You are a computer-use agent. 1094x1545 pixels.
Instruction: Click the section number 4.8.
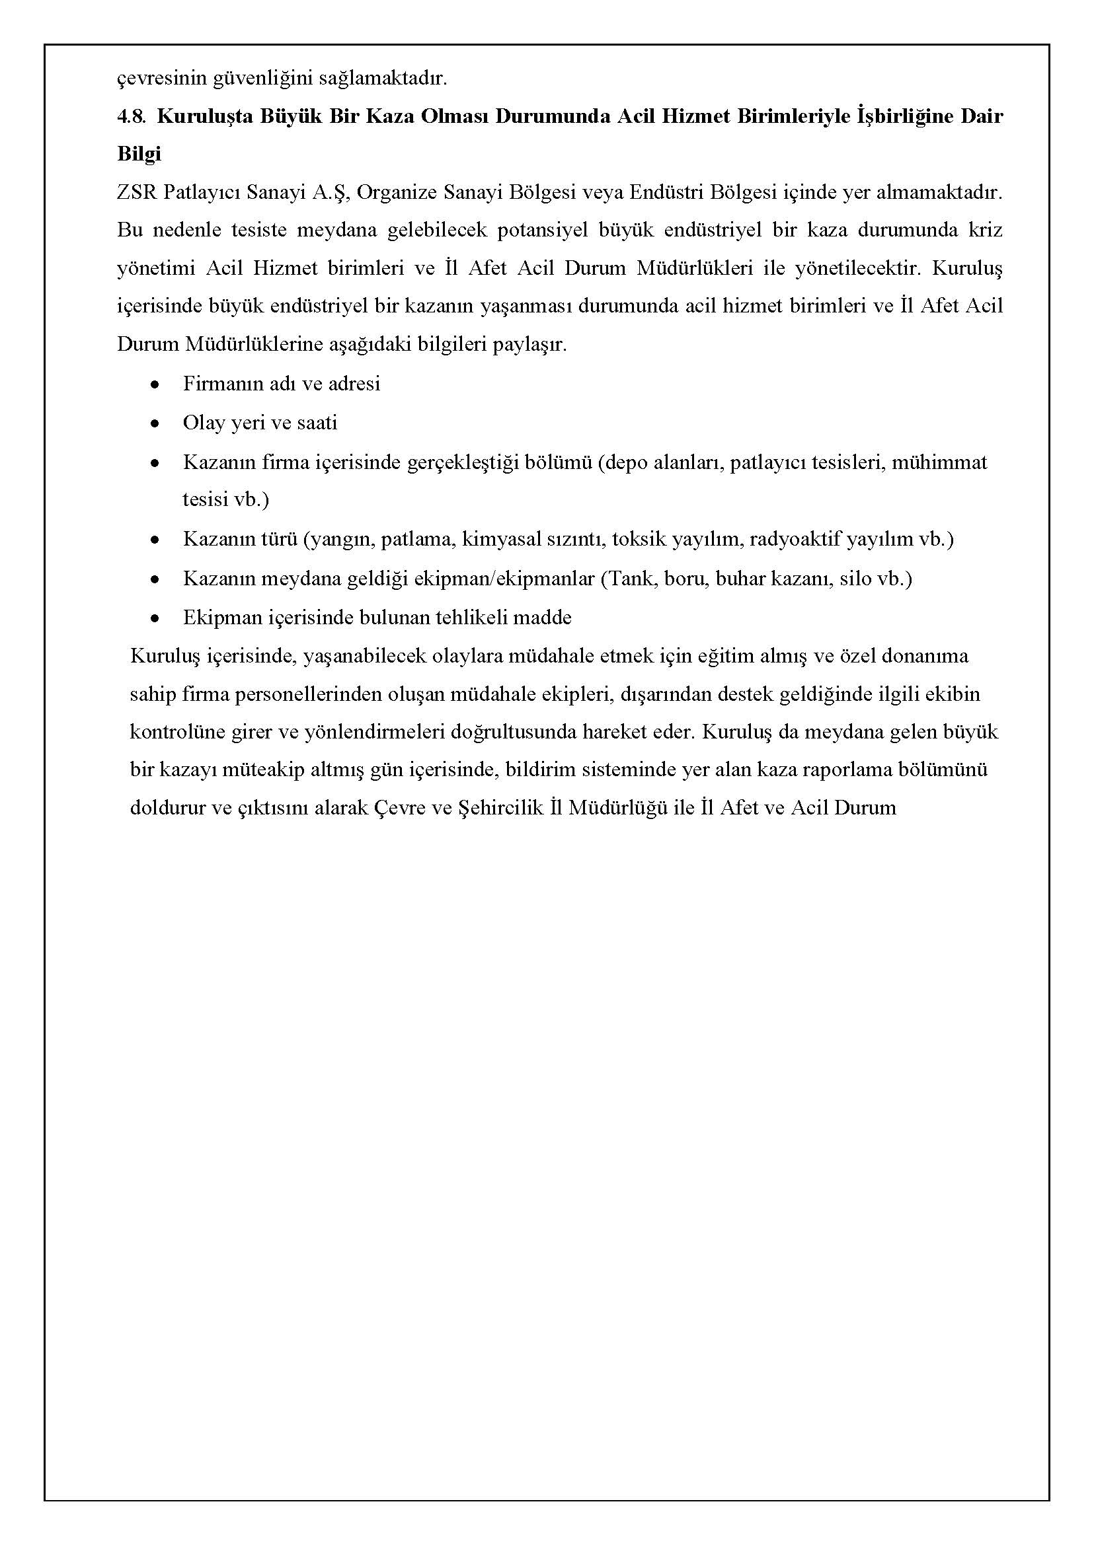click(132, 117)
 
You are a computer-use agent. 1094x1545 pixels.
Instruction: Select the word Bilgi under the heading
click(139, 154)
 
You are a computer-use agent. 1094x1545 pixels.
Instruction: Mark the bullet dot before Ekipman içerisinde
click(155, 619)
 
